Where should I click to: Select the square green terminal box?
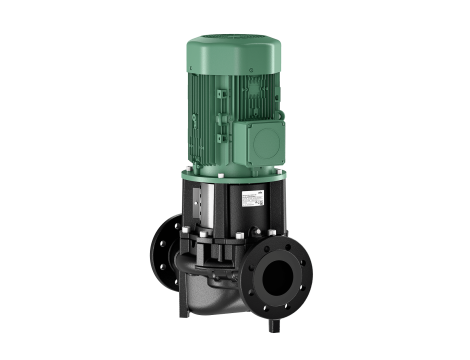click(262, 135)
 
